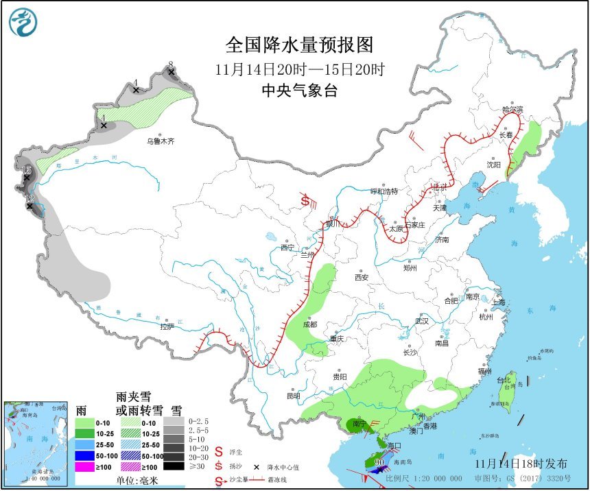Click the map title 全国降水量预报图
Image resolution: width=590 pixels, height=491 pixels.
(x=300, y=45)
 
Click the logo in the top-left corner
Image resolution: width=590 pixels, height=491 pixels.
(x=23, y=22)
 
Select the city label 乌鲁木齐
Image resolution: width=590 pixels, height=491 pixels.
(x=161, y=141)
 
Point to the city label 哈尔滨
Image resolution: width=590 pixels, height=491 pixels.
(x=512, y=110)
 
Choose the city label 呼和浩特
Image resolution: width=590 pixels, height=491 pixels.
(x=384, y=191)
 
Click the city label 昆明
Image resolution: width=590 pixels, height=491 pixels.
(x=294, y=396)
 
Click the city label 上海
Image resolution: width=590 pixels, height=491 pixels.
(x=498, y=302)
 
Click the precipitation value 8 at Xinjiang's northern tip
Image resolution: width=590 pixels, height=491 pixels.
(x=171, y=64)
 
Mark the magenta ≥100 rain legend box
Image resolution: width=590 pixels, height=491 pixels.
(x=84, y=467)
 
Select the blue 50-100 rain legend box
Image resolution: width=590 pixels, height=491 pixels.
(x=84, y=455)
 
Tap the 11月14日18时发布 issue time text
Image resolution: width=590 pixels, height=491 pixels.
(x=517, y=463)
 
